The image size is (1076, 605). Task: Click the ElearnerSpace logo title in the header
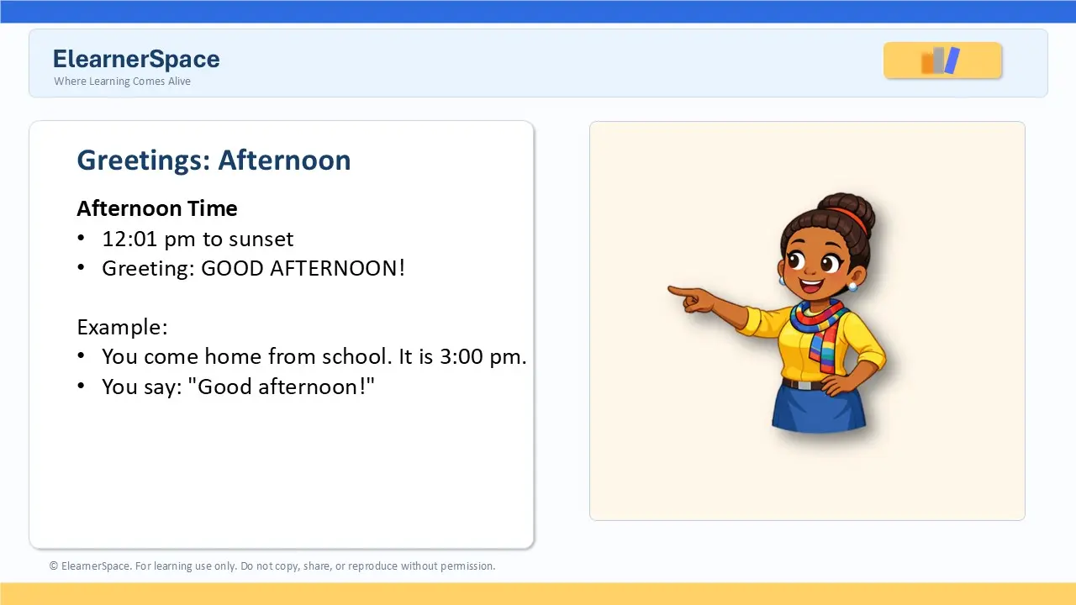[x=136, y=59]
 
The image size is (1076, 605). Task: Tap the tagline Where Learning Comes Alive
[x=122, y=82]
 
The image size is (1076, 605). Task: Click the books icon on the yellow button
[x=940, y=60]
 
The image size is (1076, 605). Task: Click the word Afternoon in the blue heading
[x=284, y=160]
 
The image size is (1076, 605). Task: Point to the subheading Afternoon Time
[x=157, y=208]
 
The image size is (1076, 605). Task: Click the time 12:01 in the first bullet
[x=129, y=239]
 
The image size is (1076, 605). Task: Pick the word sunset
[x=261, y=239]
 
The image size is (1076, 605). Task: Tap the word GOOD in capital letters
[x=233, y=268]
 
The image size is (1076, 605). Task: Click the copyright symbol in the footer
[x=54, y=566]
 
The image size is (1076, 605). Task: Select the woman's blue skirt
[x=819, y=408]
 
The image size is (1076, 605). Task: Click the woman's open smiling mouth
[x=811, y=286]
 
